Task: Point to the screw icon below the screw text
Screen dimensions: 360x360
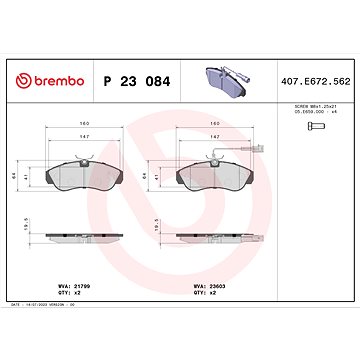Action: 313,128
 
